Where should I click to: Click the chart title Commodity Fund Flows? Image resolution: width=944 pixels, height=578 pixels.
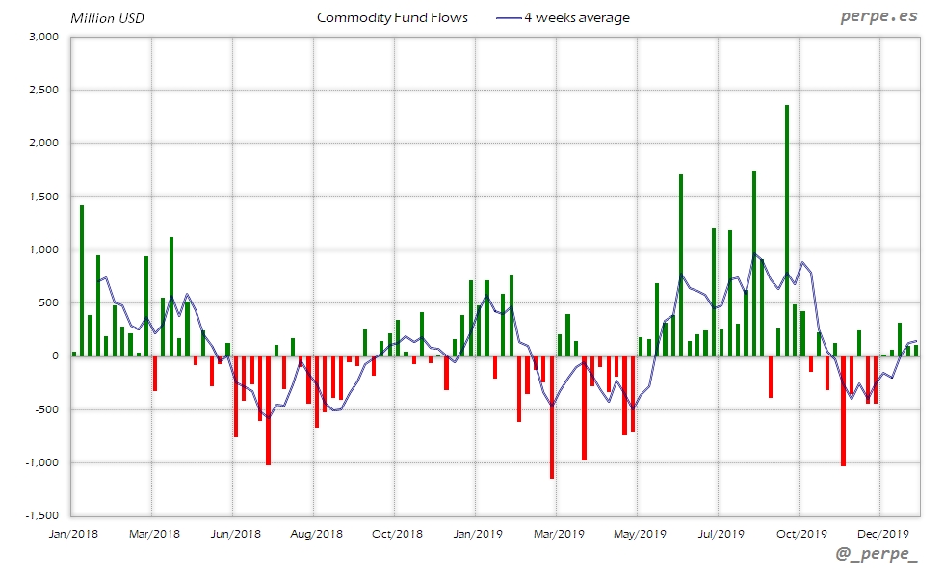pos(392,17)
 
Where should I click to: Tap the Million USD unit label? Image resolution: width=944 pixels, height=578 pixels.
pos(107,18)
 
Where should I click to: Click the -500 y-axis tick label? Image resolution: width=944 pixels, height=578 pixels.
pos(46,409)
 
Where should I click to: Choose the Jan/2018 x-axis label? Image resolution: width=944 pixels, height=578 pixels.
pos(71,533)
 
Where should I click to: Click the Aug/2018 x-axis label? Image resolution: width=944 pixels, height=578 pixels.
pos(315,533)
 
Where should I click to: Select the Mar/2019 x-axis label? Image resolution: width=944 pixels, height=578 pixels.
pos(559,533)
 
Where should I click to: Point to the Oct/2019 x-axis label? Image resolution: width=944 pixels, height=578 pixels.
pos(801,533)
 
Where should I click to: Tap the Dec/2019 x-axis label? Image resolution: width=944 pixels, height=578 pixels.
pos(883,533)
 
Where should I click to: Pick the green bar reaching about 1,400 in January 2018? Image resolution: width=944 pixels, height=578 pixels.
pos(82,279)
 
